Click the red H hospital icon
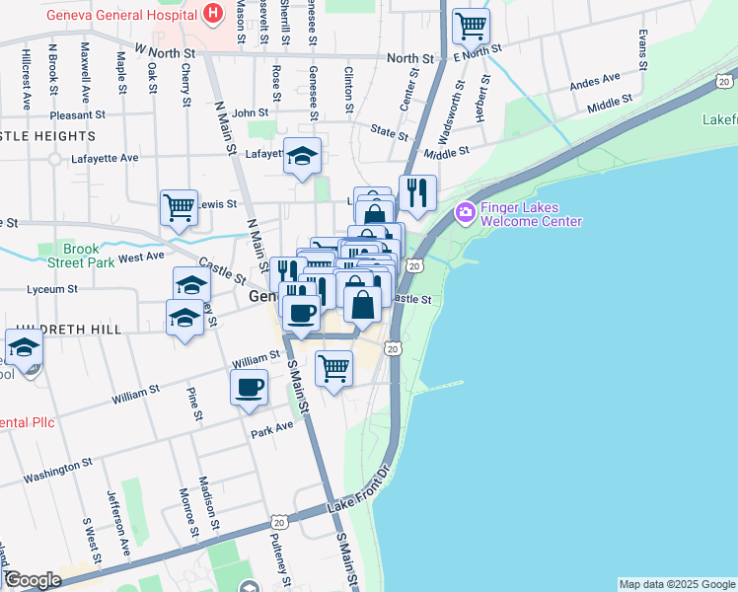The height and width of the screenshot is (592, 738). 211,15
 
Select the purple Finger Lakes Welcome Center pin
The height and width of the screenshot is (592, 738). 465,212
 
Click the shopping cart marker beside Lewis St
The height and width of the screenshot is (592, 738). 179,208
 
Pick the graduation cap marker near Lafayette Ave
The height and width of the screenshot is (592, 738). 302,156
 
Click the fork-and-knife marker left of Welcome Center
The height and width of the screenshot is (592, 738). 417,192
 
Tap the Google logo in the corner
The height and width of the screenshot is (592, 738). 32,580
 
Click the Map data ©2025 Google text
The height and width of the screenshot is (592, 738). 677,584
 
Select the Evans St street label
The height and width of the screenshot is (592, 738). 642,48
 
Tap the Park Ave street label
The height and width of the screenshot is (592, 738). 273,428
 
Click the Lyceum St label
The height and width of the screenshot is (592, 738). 51,289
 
